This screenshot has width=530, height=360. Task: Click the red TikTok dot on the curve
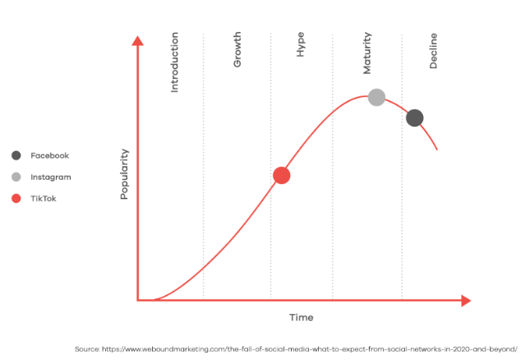281,175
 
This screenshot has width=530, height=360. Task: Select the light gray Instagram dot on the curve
376,97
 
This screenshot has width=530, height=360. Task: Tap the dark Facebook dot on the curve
415,118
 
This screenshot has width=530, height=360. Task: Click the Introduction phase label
174,62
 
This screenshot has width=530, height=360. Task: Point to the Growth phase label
237,51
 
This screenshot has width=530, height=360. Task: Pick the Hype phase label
300,46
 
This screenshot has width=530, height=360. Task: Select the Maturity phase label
367,52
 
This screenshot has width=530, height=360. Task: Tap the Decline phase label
433,51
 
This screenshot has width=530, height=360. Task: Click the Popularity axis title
125,174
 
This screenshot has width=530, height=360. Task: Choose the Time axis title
301,317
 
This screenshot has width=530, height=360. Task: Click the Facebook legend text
49,155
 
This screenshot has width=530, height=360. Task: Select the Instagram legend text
51,177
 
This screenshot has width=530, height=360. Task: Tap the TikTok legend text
44,198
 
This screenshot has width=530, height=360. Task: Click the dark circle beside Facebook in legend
16,155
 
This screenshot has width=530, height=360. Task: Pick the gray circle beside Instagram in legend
16,177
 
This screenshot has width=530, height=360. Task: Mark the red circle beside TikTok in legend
16,198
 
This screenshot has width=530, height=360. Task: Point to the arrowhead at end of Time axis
466,300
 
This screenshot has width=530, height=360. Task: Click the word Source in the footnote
86,348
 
